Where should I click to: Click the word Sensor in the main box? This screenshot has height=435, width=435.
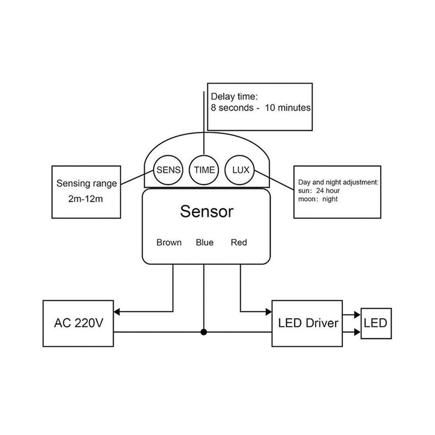coord(207,211)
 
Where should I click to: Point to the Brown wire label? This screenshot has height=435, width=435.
coord(169,243)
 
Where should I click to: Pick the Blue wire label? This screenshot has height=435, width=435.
coord(205,243)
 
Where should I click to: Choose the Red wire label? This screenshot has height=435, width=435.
coord(239,243)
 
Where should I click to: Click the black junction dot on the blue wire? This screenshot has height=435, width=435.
coord(204,332)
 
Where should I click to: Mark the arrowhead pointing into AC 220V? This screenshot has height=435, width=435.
coord(117,312)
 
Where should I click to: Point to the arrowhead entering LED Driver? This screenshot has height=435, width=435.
coord(268,312)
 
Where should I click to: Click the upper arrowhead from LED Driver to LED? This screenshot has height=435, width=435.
coord(357,315)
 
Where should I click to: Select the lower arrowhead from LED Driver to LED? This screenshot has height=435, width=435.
coord(357,332)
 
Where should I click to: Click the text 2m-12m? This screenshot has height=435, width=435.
coord(85,199)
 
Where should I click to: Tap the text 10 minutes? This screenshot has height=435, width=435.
coord(288,108)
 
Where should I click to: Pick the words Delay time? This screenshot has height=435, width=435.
coord(235,97)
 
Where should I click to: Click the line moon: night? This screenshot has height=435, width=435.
coord(318,199)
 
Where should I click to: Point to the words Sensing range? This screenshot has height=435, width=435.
coord(87,184)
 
